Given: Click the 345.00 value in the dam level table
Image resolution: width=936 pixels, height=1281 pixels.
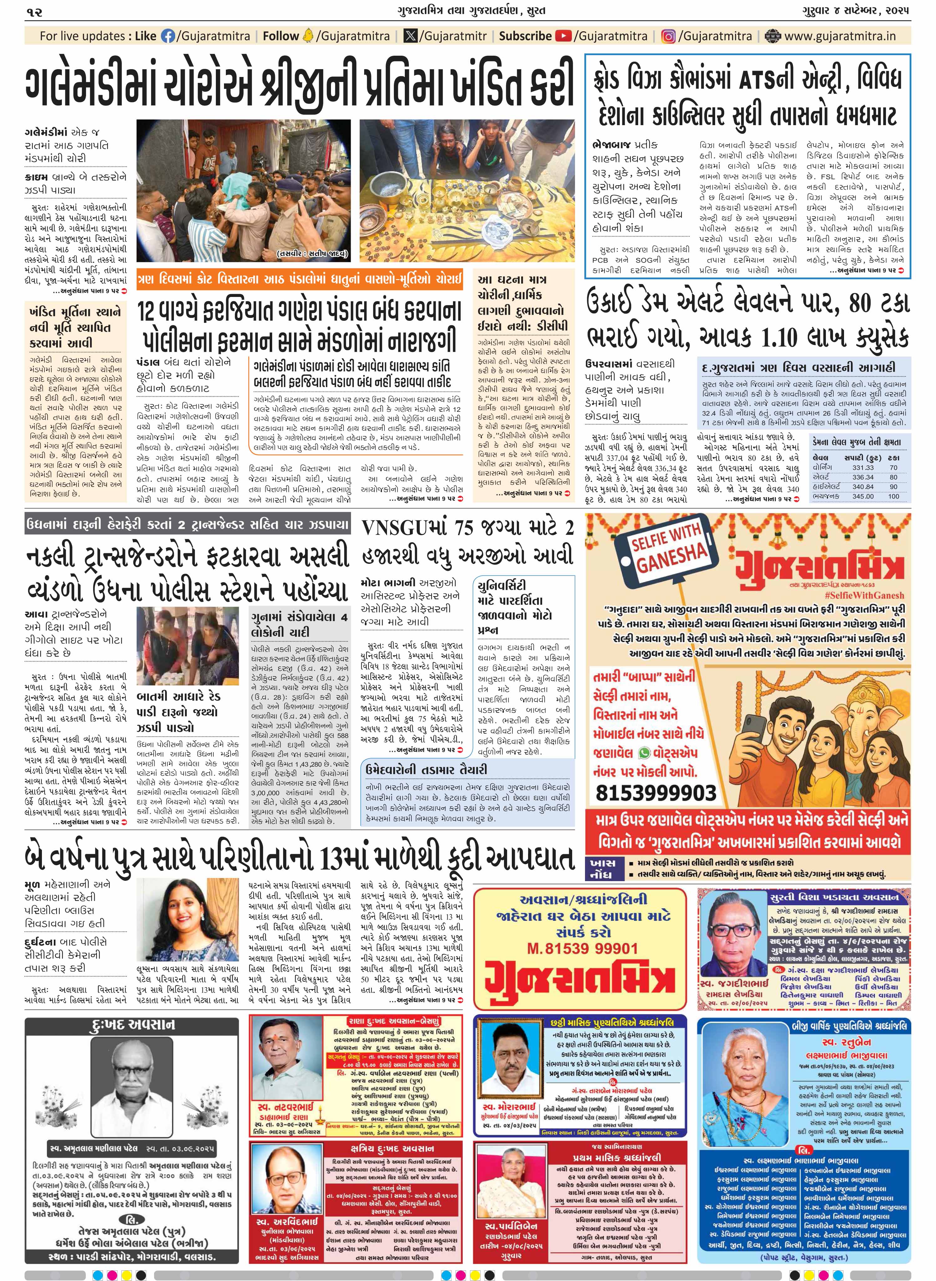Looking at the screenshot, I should click(862, 496).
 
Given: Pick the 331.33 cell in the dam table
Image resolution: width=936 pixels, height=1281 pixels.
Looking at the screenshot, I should click(862, 467).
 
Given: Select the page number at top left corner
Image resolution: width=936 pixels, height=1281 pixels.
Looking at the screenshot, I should click(34, 11).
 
